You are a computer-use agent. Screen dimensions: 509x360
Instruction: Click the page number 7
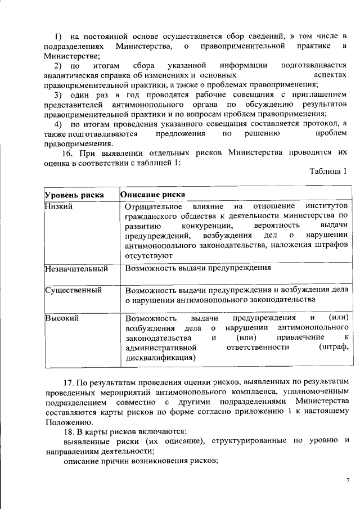coord(347,479)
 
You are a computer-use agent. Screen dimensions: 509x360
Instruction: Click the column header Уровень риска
coord(74,195)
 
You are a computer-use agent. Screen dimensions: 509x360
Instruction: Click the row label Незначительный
coord(76,268)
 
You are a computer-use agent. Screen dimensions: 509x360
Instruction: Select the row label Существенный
coord(73,290)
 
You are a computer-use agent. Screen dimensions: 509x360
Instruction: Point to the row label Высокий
coord(62,318)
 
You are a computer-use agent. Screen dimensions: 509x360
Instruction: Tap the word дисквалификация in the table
coord(161,357)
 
